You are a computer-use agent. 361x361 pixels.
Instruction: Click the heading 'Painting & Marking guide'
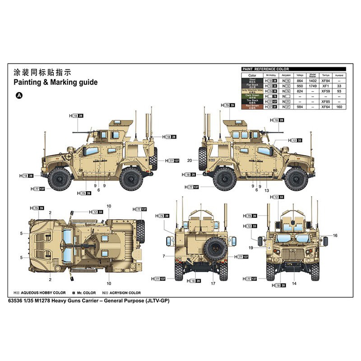(x=55, y=83)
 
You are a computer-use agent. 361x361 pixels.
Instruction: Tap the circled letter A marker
(x=19, y=95)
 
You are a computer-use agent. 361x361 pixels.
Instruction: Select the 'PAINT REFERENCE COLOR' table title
(x=266, y=69)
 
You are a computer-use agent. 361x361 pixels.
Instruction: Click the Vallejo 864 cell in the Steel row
(x=300, y=81)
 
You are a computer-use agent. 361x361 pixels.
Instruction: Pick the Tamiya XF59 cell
(x=326, y=91)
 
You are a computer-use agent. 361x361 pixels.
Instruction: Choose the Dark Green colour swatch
(x=252, y=96)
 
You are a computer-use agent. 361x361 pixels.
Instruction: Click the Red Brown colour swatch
(x=252, y=106)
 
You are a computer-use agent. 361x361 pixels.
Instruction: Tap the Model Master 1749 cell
(x=313, y=86)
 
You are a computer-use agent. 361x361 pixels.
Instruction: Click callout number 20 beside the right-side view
(x=190, y=160)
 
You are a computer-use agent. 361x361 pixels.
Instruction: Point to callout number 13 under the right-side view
(x=267, y=190)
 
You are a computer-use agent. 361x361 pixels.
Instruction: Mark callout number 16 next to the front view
(x=335, y=235)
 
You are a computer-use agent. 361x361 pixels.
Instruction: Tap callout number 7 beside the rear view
(x=163, y=256)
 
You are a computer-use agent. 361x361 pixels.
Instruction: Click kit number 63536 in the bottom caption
(x=17, y=301)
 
